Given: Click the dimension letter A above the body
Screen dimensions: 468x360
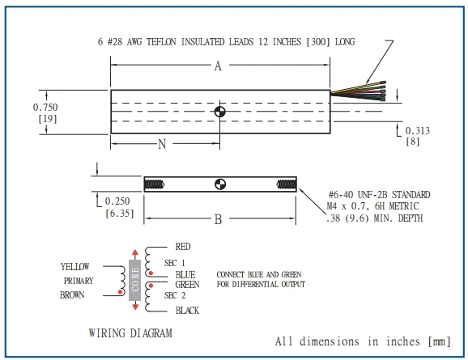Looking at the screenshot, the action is pos(218,66).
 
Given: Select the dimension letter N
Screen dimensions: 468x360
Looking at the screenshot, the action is pos(162,144).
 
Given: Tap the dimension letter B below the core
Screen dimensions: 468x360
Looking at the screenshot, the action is pos(218,219).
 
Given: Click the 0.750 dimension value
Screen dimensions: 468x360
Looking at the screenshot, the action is pos(45,107).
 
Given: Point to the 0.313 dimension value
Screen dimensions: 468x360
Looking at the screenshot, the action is pos(418,130).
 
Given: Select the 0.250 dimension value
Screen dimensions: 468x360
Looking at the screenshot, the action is pos(117,201).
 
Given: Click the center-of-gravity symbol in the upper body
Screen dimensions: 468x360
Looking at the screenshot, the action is pos(220,112).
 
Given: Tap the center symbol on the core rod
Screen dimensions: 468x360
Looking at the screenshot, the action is pos(220,184).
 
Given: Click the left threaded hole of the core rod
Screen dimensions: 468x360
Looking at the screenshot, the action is pos(155,184).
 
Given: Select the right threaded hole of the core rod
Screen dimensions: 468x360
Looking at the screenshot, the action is pos(287,184).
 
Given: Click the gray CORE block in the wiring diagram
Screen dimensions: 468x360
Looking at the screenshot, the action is pos(135,280).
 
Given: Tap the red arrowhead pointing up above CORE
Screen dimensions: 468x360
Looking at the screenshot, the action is pos(135,252).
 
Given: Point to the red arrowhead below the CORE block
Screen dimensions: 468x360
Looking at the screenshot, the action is pos(135,307).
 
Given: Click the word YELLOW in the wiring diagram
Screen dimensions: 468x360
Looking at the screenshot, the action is pos(75,267).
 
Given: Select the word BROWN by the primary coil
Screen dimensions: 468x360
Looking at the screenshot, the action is pos(72,295).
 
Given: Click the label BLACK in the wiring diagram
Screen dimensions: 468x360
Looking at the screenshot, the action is pos(187,311).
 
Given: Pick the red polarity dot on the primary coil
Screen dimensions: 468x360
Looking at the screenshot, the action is pos(120,292).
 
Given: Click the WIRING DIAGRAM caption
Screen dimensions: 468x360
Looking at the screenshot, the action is pos(130,332).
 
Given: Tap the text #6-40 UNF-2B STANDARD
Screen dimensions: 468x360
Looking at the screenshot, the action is pos(380,195).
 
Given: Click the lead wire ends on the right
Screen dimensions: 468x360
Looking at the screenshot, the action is pos(383,91).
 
